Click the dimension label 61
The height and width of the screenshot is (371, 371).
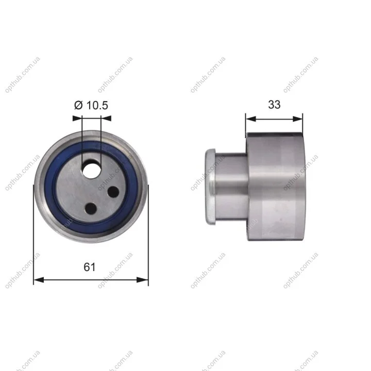tap(90, 267)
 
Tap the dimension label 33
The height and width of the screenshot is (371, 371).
tap(274, 105)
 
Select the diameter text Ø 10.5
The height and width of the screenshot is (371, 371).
tap(91, 105)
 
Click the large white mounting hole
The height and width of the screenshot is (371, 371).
tap(91, 171)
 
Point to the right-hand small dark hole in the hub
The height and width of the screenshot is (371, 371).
tap(113, 192)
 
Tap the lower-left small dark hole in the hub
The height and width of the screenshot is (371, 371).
tap(91, 209)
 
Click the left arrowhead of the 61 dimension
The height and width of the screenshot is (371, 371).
tap(39, 280)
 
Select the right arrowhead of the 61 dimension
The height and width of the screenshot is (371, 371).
tap(143, 280)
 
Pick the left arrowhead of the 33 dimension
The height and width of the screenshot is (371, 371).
tap(251, 119)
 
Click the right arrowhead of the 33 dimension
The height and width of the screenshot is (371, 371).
tap(298, 119)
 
